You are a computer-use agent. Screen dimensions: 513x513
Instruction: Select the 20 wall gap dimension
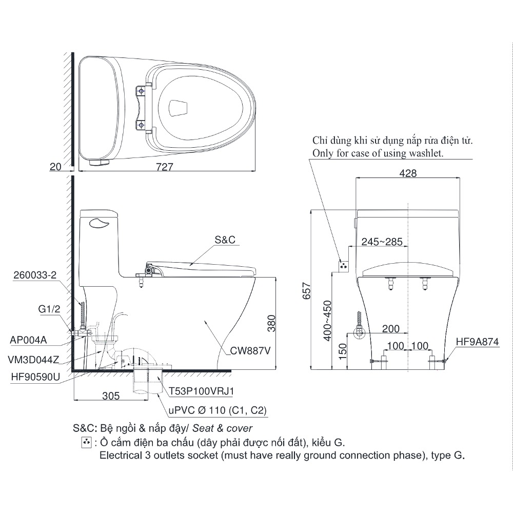(x=56, y=167)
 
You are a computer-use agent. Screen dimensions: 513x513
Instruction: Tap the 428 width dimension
(x=408, y=173)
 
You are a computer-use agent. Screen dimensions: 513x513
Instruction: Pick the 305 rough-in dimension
(x=110, y=396)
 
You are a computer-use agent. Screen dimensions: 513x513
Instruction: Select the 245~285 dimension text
(x=382, y=242)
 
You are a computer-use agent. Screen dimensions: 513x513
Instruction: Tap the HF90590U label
(x=35, y=377)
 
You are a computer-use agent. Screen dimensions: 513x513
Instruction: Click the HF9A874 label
(x=476, y=342)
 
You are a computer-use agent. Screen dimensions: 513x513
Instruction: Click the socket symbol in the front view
(x=344, y=265)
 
